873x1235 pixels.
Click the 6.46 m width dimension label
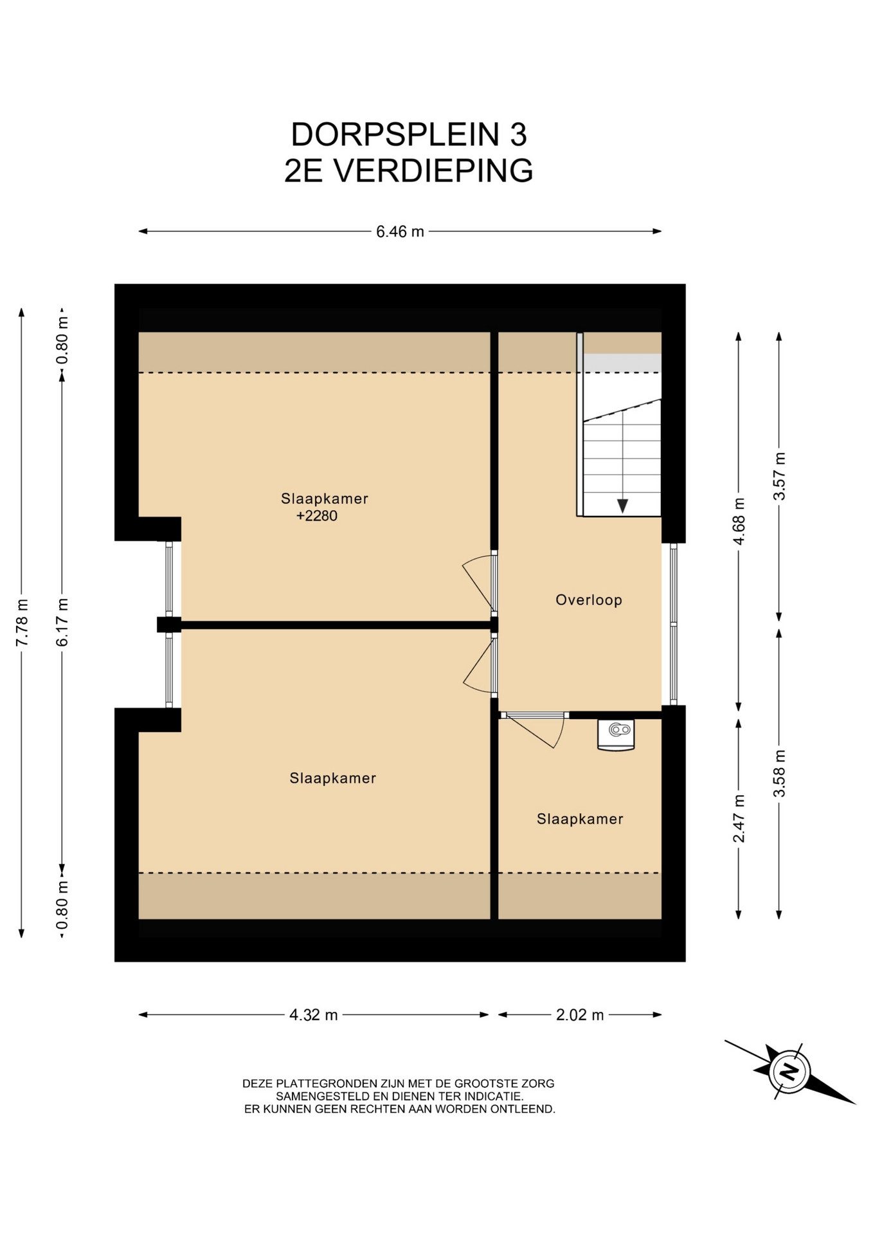(400, 232)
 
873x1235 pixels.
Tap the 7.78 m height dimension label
(22, 622)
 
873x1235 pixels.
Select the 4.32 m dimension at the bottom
(313, 1014)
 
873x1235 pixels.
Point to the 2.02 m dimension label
(580, 1014)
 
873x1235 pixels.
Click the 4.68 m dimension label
(739, 521)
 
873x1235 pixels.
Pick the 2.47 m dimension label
(739, 818)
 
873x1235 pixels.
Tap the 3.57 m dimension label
(780, 476)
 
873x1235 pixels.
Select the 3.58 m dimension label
(780, 773)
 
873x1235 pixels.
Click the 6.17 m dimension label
(62, 622)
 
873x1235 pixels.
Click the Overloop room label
(589, 600)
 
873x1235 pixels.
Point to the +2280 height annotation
(317, 516)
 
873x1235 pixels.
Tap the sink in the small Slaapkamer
(616, 735)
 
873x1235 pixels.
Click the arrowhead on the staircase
(622, 506)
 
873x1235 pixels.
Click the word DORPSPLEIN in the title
(396, 134)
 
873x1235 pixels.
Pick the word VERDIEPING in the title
(434, 171)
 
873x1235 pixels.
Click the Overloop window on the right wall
(673, 623)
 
